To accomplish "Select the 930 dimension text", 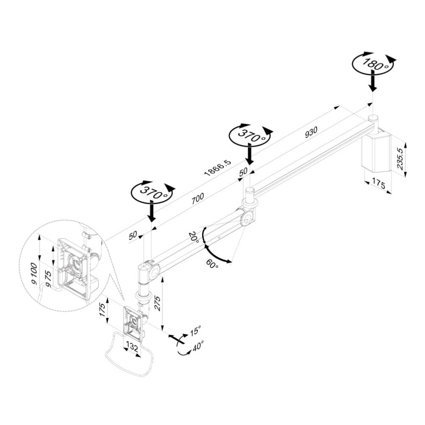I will (x=311, y=133).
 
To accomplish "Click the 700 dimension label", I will (x=197, y=199).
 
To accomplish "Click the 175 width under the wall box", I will (x=378, y=184).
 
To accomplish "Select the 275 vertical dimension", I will (x=158, y=302).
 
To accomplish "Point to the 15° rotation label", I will (x=195, y=331).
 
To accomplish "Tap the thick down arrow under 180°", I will (x=372, y=82).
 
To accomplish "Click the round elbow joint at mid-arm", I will (x=246, y=219).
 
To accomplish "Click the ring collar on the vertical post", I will (x=143, y=295).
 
